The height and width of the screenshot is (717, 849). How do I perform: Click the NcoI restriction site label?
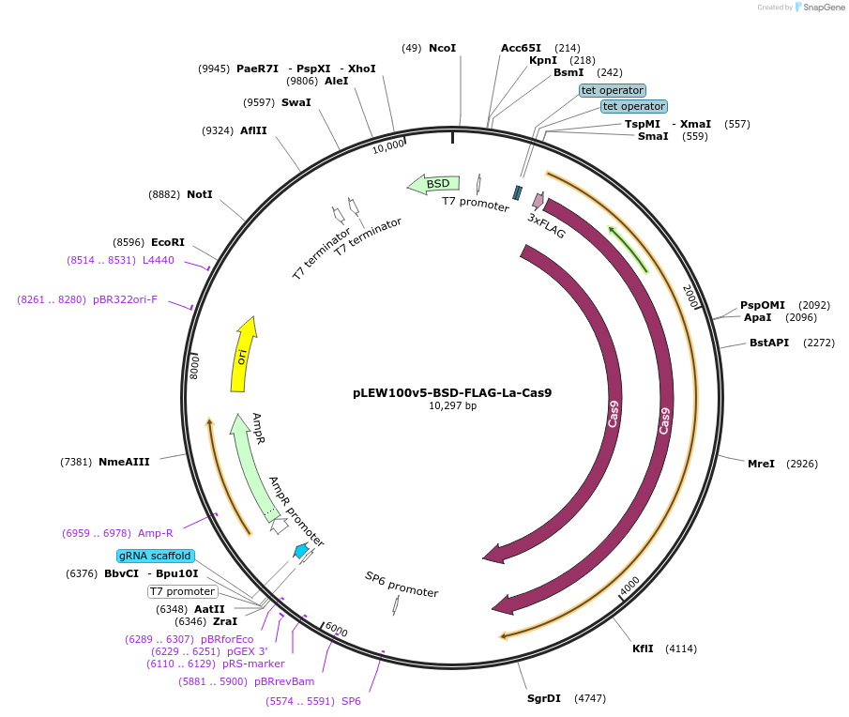(442, 48)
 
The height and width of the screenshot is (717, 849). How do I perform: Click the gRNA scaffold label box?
(156, 556)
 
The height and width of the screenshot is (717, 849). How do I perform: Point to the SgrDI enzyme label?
(544, 698)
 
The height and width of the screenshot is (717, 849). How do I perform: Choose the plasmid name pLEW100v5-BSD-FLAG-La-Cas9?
(451, 392)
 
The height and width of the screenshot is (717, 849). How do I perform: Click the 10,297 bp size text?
(452, 406)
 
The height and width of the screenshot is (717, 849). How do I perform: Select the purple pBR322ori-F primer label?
(125, 300)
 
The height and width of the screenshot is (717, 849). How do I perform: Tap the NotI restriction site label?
(200, 194)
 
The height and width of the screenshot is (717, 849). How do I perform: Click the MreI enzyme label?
(761, 464)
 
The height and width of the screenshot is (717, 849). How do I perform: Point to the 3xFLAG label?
(546, 225)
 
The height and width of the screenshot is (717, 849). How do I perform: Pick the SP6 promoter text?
(402, 585)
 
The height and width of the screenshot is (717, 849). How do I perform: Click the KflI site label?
(644, 648)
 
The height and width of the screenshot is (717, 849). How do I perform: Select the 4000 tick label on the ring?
(629, 583)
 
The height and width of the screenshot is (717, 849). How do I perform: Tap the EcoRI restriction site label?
(168, 242)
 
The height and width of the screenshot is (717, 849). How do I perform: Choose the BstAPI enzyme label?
(768, 343)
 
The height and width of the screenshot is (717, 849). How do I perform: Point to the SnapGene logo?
(819, 8)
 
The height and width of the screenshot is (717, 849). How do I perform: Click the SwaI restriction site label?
(296, 102)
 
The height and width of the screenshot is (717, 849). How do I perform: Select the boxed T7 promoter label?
(183, 591)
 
